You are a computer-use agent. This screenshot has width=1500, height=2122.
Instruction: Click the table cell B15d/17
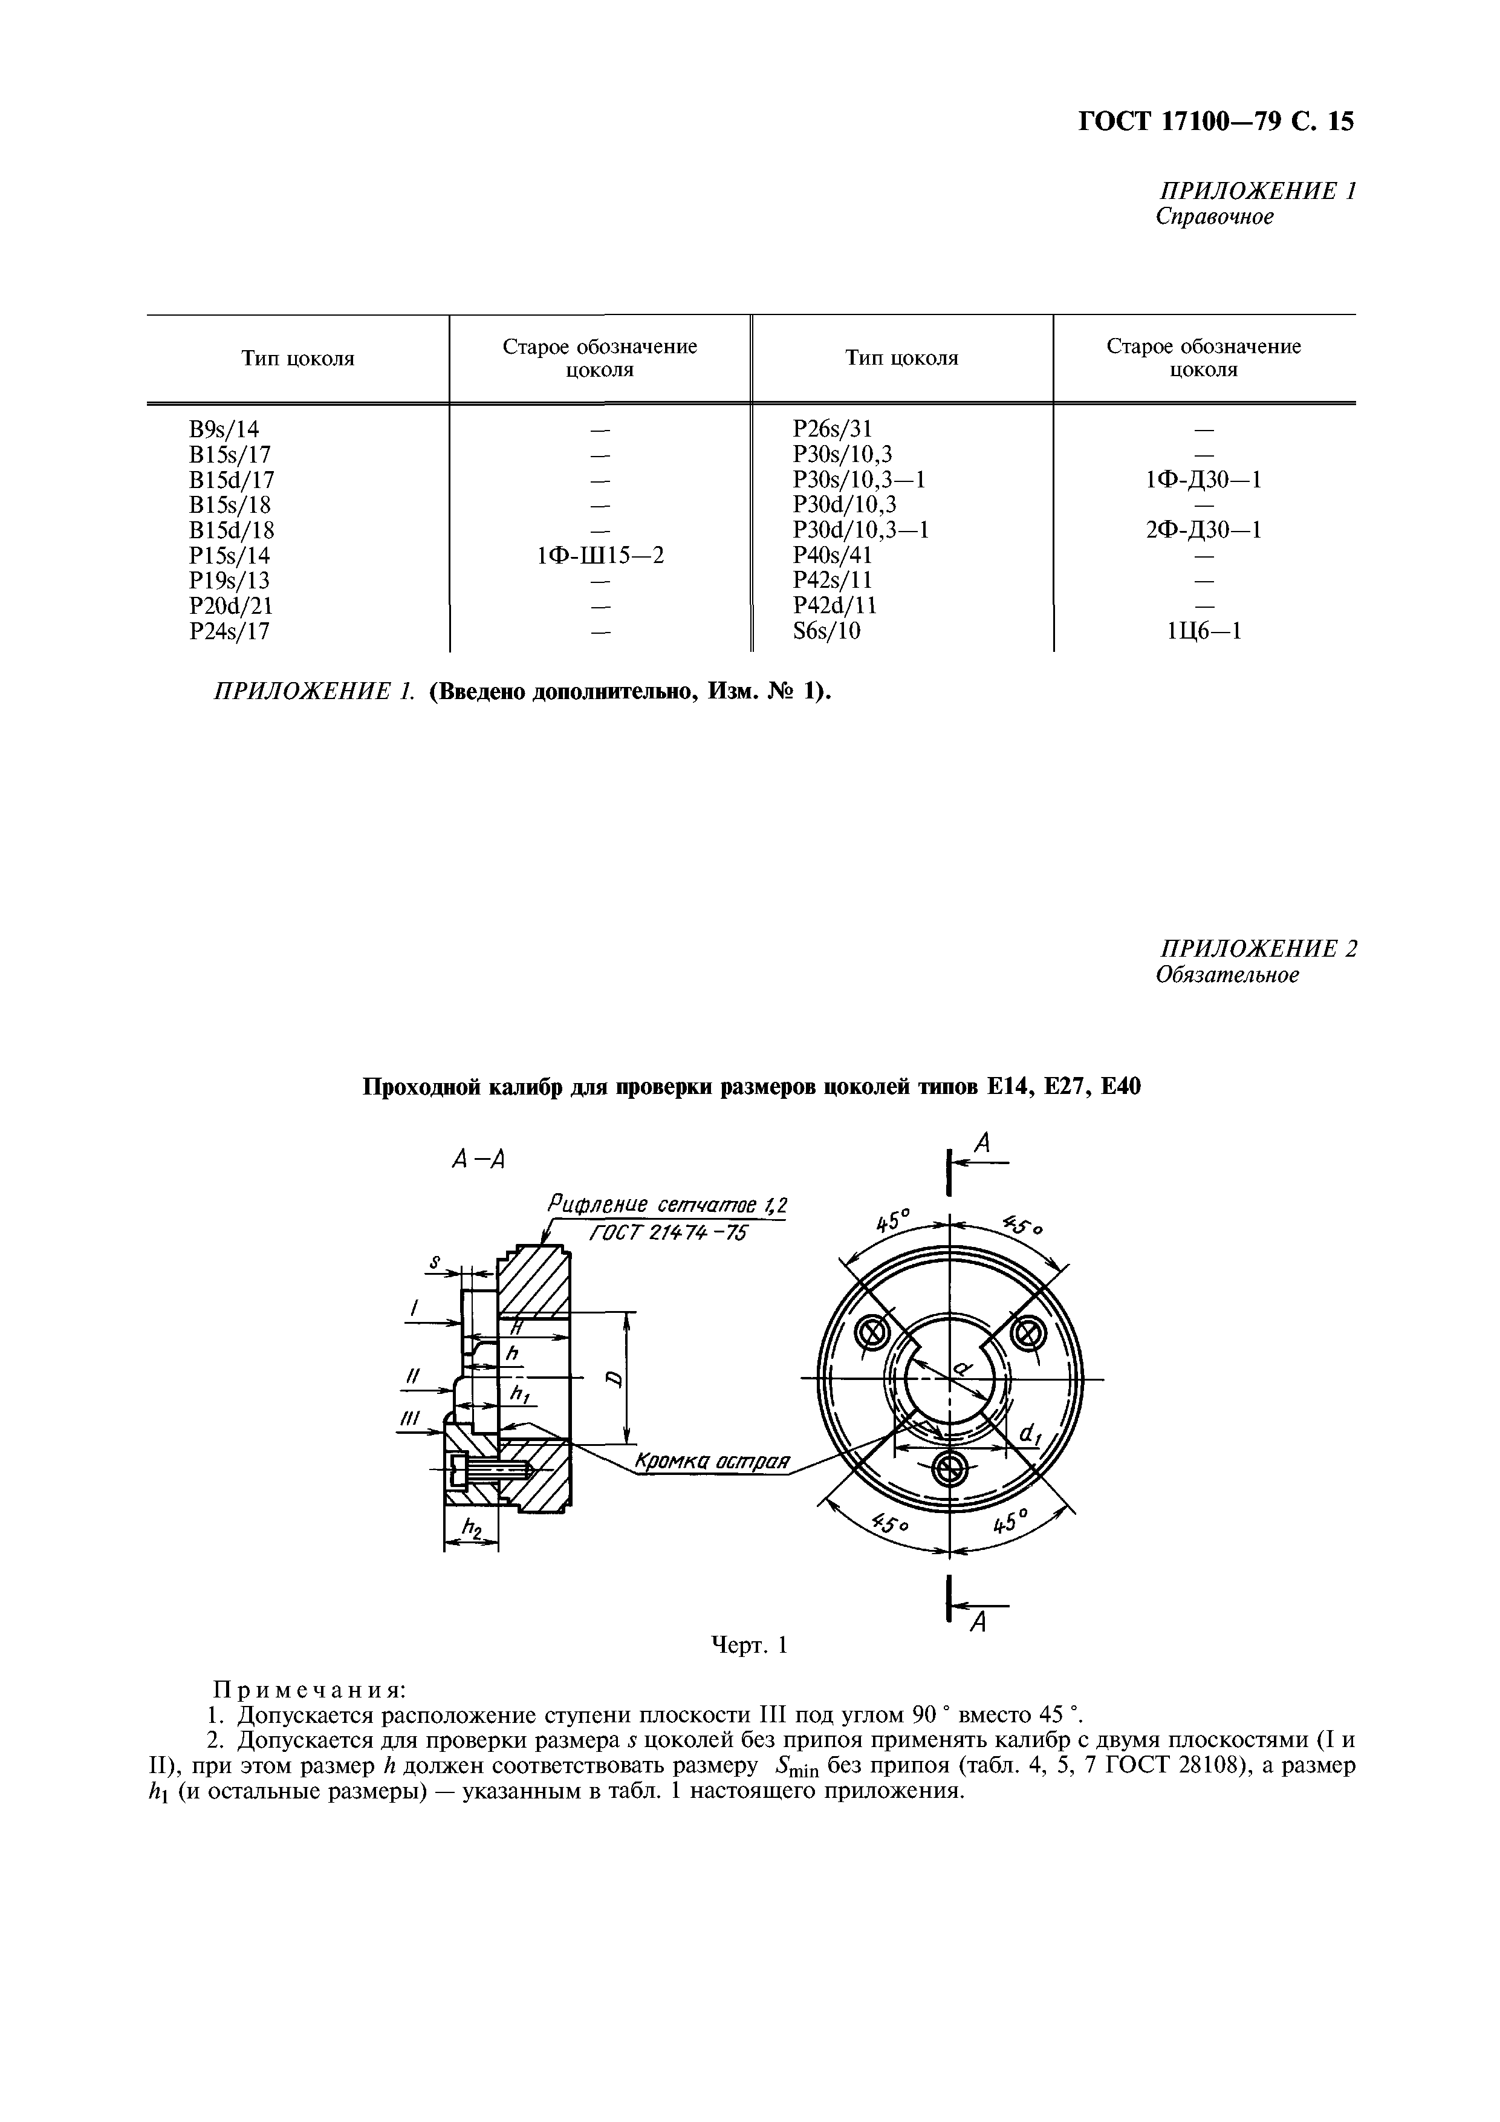231,480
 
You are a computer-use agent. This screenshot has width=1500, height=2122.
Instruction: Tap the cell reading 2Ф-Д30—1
1203,530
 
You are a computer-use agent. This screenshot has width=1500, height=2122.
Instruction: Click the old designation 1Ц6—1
1203,631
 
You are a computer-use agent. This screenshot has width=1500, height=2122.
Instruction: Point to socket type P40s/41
832,556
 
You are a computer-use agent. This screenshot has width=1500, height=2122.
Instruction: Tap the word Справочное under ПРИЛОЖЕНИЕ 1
1215,217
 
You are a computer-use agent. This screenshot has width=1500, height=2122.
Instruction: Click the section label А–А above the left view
478,1161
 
